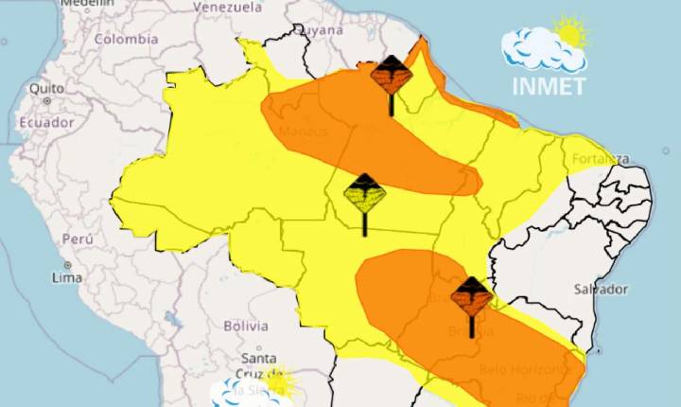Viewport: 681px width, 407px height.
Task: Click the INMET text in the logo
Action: click(549, 86)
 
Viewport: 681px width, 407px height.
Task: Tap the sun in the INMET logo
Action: click(569, 34)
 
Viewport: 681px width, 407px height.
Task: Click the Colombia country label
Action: click(125, 40)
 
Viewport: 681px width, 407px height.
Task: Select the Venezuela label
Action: click(227, 7)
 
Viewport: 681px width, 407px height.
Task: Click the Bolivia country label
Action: click(246, 326)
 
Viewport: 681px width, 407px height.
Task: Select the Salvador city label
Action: click(601, 289)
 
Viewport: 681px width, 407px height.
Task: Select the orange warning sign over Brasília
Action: click(471, 299)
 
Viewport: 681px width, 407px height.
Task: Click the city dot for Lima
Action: click(67, 264)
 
